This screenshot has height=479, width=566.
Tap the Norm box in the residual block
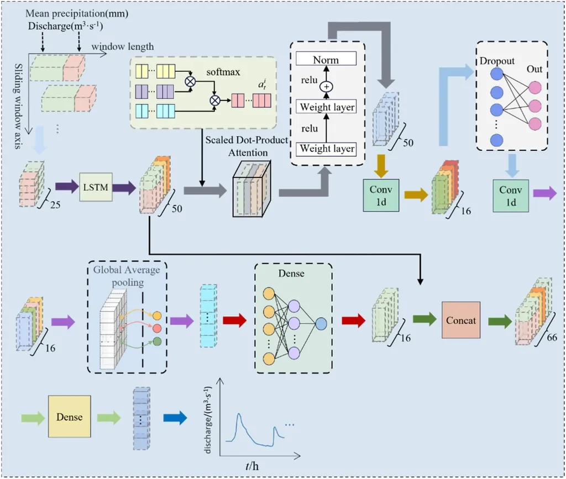326,59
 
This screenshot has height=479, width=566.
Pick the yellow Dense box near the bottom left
69,415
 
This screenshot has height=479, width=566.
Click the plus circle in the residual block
326,87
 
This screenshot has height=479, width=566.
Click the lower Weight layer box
326,148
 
